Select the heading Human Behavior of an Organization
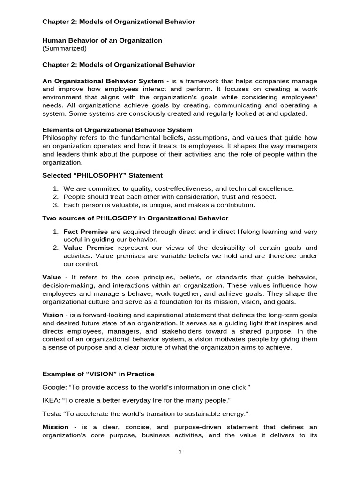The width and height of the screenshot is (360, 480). (x=102, y=40)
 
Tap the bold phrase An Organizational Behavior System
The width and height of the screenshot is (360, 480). (x=103, y=81)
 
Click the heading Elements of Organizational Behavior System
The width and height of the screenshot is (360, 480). (x=117, y=130)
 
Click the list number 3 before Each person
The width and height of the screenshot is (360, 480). (x=55, y=205)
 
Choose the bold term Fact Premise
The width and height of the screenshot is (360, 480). (x=85, y=232)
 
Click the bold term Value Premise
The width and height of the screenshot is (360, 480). (x=89, y=247)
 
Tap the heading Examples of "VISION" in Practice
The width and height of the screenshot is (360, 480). (x=98, y=374)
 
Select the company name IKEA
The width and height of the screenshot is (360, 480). (x=50, y=401)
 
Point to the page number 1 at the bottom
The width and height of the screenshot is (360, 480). (x=180, y=451)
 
